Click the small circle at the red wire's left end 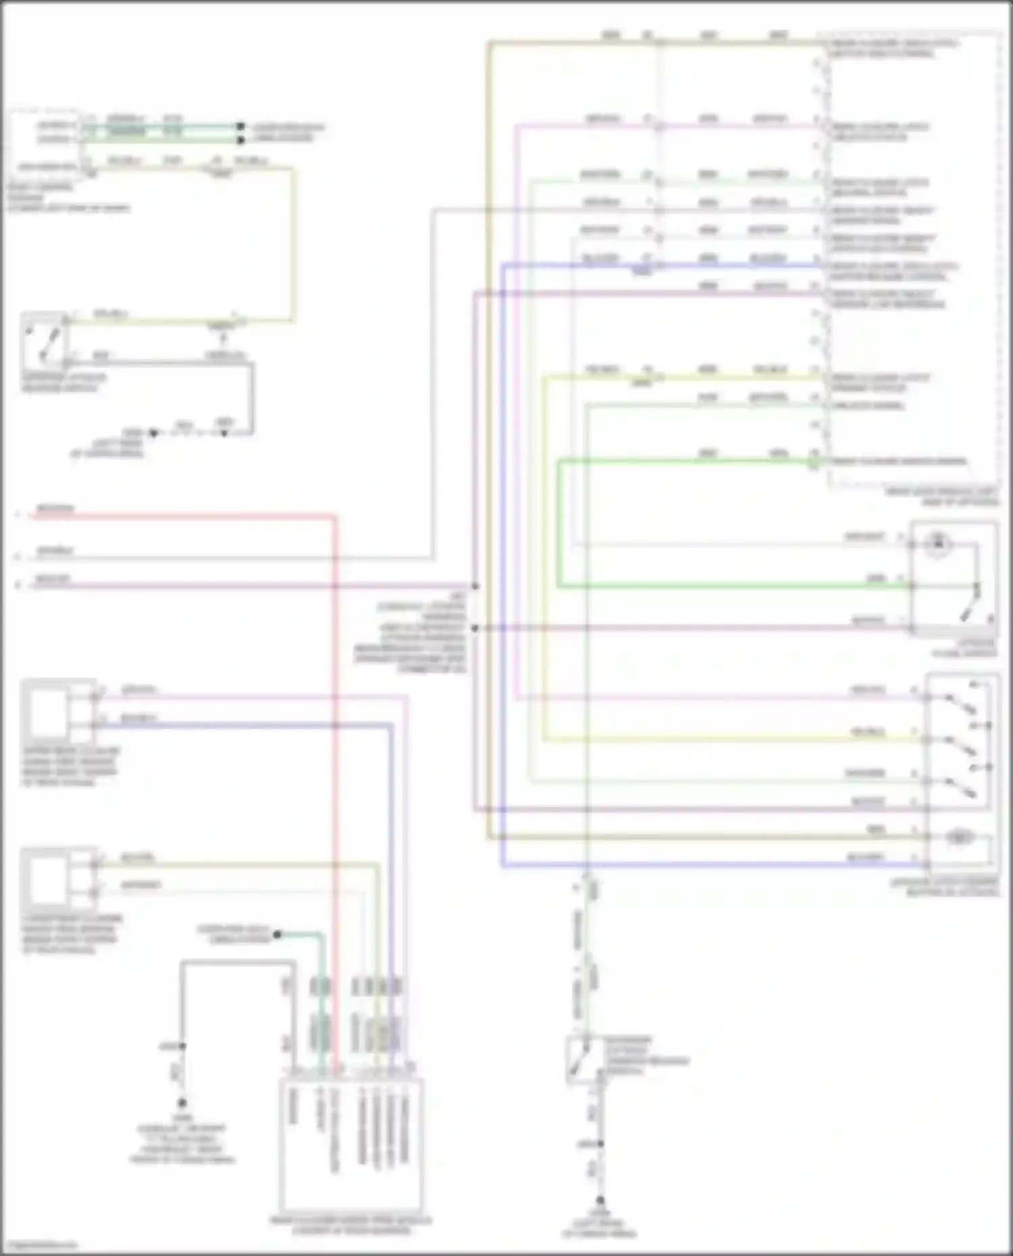pos(18,516)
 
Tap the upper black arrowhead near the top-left pos(240,126)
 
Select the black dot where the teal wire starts pos(277,935)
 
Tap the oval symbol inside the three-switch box pos(959,838)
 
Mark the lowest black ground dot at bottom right pos(600,1201)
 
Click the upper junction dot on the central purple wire pos(475,586)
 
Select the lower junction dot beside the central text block pos(475,628)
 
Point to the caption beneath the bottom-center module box pos(350,1226)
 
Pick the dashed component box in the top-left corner pos(44,144)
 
